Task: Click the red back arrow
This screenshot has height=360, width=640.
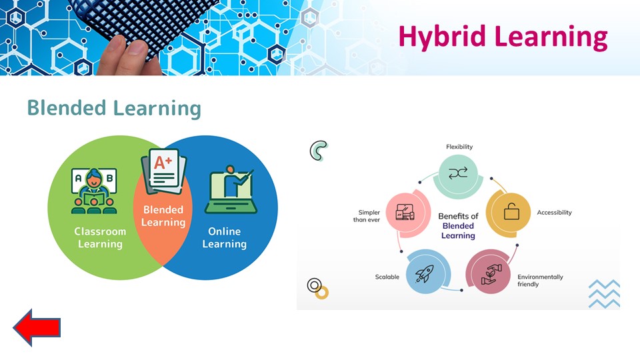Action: (37, 327)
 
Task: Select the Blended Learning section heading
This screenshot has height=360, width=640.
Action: (114, 108)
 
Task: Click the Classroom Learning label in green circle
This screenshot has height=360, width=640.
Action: (100, 237)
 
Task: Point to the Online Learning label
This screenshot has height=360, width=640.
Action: (225, 237)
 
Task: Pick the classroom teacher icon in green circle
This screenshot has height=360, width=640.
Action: (94, 191)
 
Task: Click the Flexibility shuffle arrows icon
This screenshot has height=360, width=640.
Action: (458, 173)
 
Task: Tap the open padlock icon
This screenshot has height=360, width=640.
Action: (511, 211)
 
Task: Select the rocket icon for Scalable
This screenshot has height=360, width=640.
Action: (424, 273)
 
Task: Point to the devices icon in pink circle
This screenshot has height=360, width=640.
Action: (405, 212)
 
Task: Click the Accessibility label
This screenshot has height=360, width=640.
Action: (554, 212)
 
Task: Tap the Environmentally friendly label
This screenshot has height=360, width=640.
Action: (540, 281)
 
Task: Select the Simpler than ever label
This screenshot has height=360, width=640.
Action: (367, 216)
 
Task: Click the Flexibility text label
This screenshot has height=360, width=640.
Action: (459, 147)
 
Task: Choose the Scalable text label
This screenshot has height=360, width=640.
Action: (387, 277)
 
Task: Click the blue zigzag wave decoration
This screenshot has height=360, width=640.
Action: (604, 294)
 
